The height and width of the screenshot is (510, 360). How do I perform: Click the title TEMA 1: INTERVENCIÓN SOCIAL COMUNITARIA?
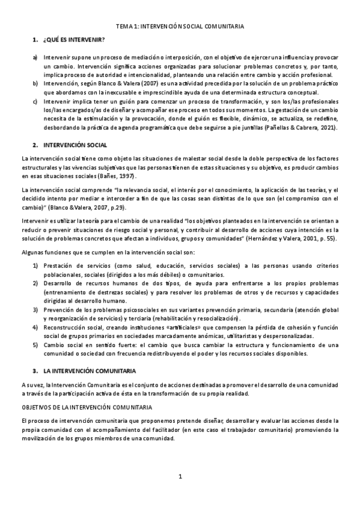tap(180, 27)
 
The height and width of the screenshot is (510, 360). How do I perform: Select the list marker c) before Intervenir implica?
tap(35, 102)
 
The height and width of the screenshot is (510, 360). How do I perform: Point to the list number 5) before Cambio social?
tap(35, 345)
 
